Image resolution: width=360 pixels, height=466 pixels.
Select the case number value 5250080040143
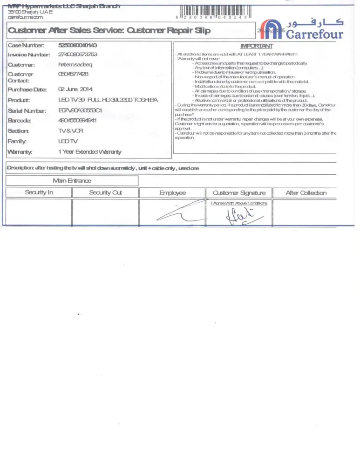pos(78,45)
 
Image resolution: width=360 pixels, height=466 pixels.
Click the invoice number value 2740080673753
pos(78,55)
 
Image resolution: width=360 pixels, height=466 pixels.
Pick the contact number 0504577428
pos(73,74)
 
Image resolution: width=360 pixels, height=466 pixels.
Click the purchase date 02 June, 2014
pos(75,89)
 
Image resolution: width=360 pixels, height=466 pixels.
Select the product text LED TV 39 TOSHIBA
pos(108,100)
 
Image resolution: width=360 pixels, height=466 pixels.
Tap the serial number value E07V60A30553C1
pos(80,110)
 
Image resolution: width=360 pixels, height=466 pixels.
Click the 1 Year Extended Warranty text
pos(90,151)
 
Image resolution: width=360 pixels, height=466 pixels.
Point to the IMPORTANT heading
pos(257,46)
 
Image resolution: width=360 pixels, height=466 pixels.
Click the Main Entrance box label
pos(72,180)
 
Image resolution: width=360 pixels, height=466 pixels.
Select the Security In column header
pos(39,192)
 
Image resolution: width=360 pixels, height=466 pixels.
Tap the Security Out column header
pos(106,192)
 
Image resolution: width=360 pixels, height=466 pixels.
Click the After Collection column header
pos(306,192)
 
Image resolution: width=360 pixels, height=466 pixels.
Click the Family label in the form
pos(17,141)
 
